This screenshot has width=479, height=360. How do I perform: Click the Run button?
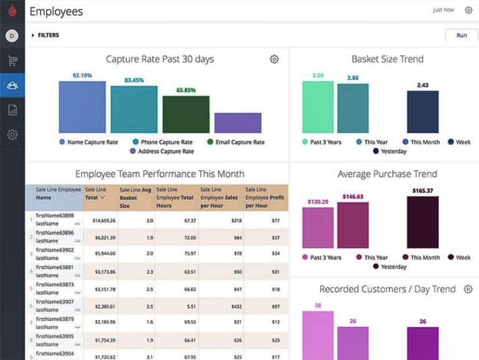tap(462, 36)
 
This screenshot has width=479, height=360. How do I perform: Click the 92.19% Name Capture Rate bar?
tap(82, 107)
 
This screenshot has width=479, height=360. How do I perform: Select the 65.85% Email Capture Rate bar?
tap(186, 114)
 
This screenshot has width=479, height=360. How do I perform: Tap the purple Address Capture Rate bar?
tap(238, 123)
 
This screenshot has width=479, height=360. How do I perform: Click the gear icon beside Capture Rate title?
tap(274, 59)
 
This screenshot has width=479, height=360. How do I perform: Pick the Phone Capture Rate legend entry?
tap(162, 142)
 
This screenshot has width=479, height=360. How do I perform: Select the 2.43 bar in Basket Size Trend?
tap(423, 112)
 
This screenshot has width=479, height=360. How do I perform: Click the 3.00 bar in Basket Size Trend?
tap(318, 107)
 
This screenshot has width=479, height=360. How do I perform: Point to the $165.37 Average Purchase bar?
tap(423, 222)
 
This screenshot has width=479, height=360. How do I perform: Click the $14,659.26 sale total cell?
tap(100, 220)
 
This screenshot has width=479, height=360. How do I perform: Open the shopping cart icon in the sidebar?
tap(12, 61)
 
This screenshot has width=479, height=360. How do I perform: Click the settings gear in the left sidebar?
tap(12, 134)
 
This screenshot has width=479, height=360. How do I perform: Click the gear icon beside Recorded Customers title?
tap(468, 289)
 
